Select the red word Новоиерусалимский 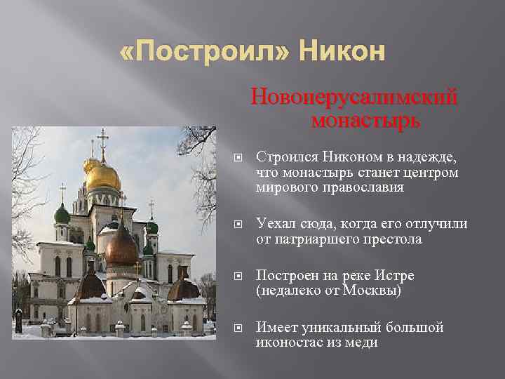pos(354,96)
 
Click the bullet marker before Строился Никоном pos(238,158)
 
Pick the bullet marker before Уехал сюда pos(238,225)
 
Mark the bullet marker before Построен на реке pos(238,277)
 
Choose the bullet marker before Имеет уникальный pos(238,328)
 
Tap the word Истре pos(394,276)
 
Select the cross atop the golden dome pos(102,142)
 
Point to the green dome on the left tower pos(62,214)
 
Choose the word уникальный pos(341,328)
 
